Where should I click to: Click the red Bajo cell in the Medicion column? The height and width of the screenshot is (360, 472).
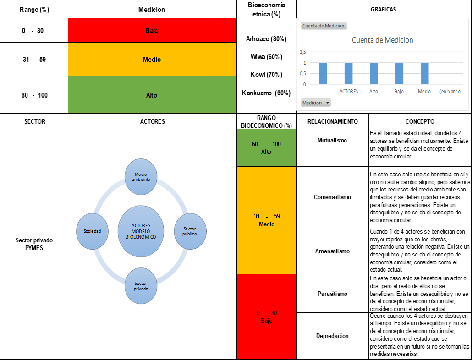coord(152,30)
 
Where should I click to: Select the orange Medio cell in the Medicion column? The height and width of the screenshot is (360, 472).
coord(152,59)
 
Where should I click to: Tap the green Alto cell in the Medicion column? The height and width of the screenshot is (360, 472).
coord(152,95)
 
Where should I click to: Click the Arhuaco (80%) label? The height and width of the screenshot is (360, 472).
coord(266,39)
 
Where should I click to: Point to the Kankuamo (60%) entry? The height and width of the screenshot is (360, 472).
coord(266,93)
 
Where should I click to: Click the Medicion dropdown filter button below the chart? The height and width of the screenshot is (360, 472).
coord(316,103)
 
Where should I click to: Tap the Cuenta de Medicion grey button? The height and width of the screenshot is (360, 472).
coord(324,26)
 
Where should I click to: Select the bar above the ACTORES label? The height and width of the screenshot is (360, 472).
coord(349,73)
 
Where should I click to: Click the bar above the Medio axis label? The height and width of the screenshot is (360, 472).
coord(425,73)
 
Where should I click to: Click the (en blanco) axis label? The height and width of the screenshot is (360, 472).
coord(450,91)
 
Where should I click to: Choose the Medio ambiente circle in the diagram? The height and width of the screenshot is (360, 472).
coord(141,177)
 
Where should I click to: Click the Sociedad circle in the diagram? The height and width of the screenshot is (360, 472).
coord(93,231)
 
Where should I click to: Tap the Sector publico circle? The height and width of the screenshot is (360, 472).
coord(190,231)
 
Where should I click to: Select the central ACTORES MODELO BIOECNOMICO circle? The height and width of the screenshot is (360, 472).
coord(141,231)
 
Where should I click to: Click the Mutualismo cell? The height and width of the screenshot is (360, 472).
coord(332,141)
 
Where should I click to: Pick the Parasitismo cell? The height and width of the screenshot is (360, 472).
coord(332,294)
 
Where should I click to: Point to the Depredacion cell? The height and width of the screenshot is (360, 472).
coord(332,336)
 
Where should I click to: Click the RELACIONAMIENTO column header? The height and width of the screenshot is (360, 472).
coord(333,121)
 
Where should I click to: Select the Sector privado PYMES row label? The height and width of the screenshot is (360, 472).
coord(34,244)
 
